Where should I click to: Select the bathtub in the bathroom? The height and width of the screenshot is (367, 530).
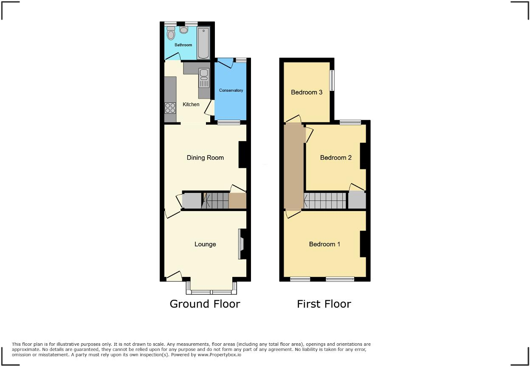[x=203, y=43]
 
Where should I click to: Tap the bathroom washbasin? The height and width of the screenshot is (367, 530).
[x=184, y=30]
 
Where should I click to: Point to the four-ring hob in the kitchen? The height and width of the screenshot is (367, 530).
[x=170, y=108]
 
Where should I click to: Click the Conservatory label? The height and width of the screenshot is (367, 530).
[x=231, y=90]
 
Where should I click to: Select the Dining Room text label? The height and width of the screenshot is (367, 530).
[x=205, y=158]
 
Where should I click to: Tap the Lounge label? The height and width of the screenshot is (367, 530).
[x=205, y=244]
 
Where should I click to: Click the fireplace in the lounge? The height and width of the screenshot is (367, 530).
[x=242, y=244]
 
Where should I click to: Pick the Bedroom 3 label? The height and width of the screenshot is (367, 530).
[x=307, y=92]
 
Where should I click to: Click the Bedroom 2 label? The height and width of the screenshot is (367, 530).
[x=336, y=158]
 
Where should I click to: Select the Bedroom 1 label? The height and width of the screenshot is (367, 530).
[x=324, y=244]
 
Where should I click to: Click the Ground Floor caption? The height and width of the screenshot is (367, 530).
[x=205, y=304]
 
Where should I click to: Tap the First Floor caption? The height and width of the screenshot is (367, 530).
[x=324, y=304]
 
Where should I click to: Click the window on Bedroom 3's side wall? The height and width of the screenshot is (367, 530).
[x=332, y=80]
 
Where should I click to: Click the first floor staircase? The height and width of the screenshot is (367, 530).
[x=325, y=200]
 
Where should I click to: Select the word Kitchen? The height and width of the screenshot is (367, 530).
[x=191, y=104]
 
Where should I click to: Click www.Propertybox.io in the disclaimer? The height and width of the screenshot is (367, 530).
[x=220, y=354]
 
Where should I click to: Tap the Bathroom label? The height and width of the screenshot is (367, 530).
[x=183, y=45]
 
